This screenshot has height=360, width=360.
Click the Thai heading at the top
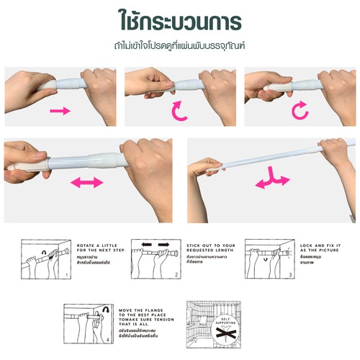point(179,18)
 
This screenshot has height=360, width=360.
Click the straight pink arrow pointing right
point(60,111)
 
